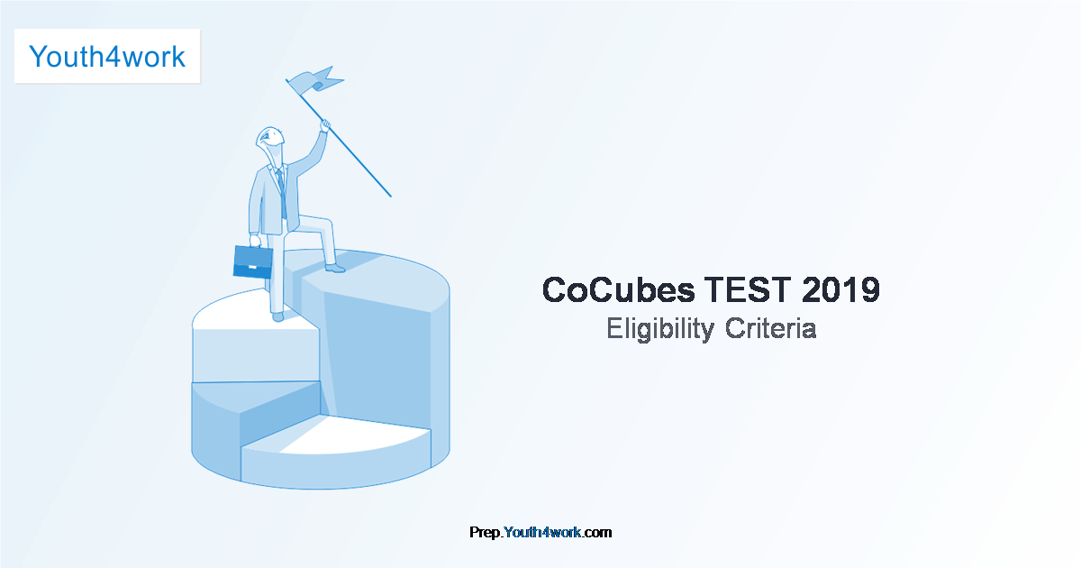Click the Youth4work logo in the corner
[x=107, y=56]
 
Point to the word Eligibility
[x=659, y=329]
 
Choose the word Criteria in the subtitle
[x=771, y=329]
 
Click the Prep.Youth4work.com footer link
[x=540, y=532]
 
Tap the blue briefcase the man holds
[x=253, y=261]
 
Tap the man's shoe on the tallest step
[x=334, y=268]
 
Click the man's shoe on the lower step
[x=277, y=316]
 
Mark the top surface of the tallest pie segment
[x=378, y=275]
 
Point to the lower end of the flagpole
[x=389, y=194]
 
